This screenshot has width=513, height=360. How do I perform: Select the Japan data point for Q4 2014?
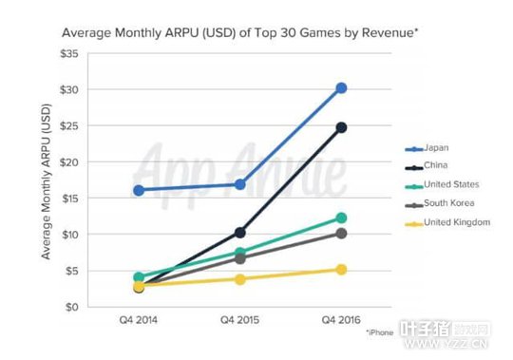139,190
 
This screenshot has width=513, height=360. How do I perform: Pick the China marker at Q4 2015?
240,232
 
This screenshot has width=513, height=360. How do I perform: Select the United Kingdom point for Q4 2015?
240,279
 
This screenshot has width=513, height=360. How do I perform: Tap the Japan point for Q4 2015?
240,184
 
